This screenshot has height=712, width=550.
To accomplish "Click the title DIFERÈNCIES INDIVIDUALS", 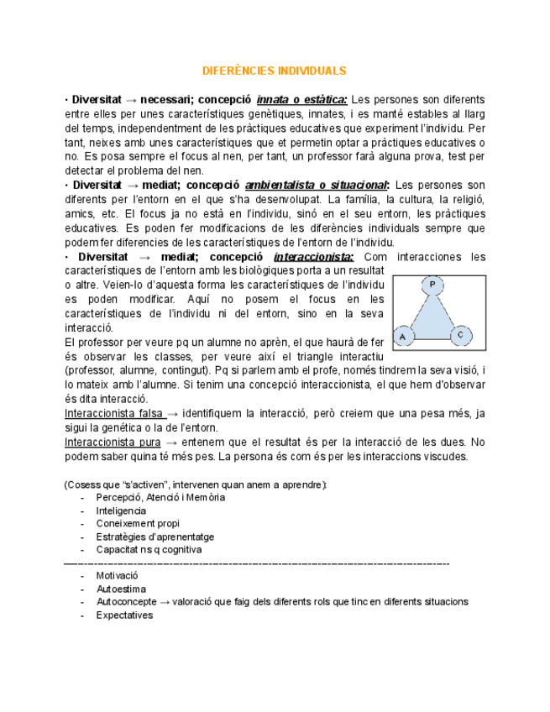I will pos(275,71).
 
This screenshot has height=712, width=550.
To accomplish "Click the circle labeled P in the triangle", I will pos(432,285).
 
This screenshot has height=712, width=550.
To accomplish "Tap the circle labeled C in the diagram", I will pos(461,334).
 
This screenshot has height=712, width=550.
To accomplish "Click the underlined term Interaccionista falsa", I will pos(113,414).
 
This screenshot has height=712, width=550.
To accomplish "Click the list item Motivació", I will pos(117,576).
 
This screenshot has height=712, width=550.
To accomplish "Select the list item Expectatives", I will pos(124,615).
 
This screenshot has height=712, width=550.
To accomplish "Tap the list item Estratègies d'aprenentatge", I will pos(155,537).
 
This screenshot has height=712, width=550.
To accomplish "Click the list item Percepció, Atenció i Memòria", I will pos(160,498).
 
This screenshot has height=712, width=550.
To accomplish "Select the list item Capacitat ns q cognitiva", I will pos(149,550).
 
